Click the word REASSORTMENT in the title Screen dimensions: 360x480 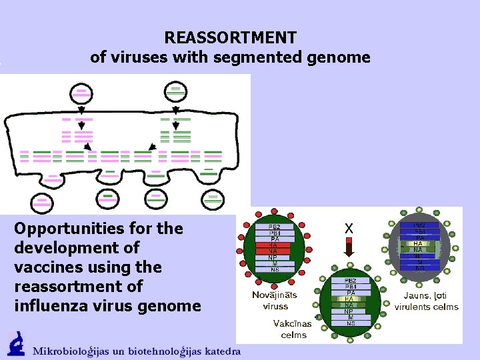(x=231, y=37)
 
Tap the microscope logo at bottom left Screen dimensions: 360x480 (x=15, y=345)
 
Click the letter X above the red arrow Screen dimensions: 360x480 (x=349, y=228)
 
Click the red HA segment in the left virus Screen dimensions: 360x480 (x=274, y=245)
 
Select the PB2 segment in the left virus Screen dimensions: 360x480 (x=274, y=227)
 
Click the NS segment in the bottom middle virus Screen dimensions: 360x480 (x=351, y=323)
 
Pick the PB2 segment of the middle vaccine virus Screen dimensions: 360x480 (x=351, y=281)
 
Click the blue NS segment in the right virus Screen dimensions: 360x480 (x=419, y=268)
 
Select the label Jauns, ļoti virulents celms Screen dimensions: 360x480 (x=427, y=301)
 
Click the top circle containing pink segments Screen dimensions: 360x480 (x=81, y=92)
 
